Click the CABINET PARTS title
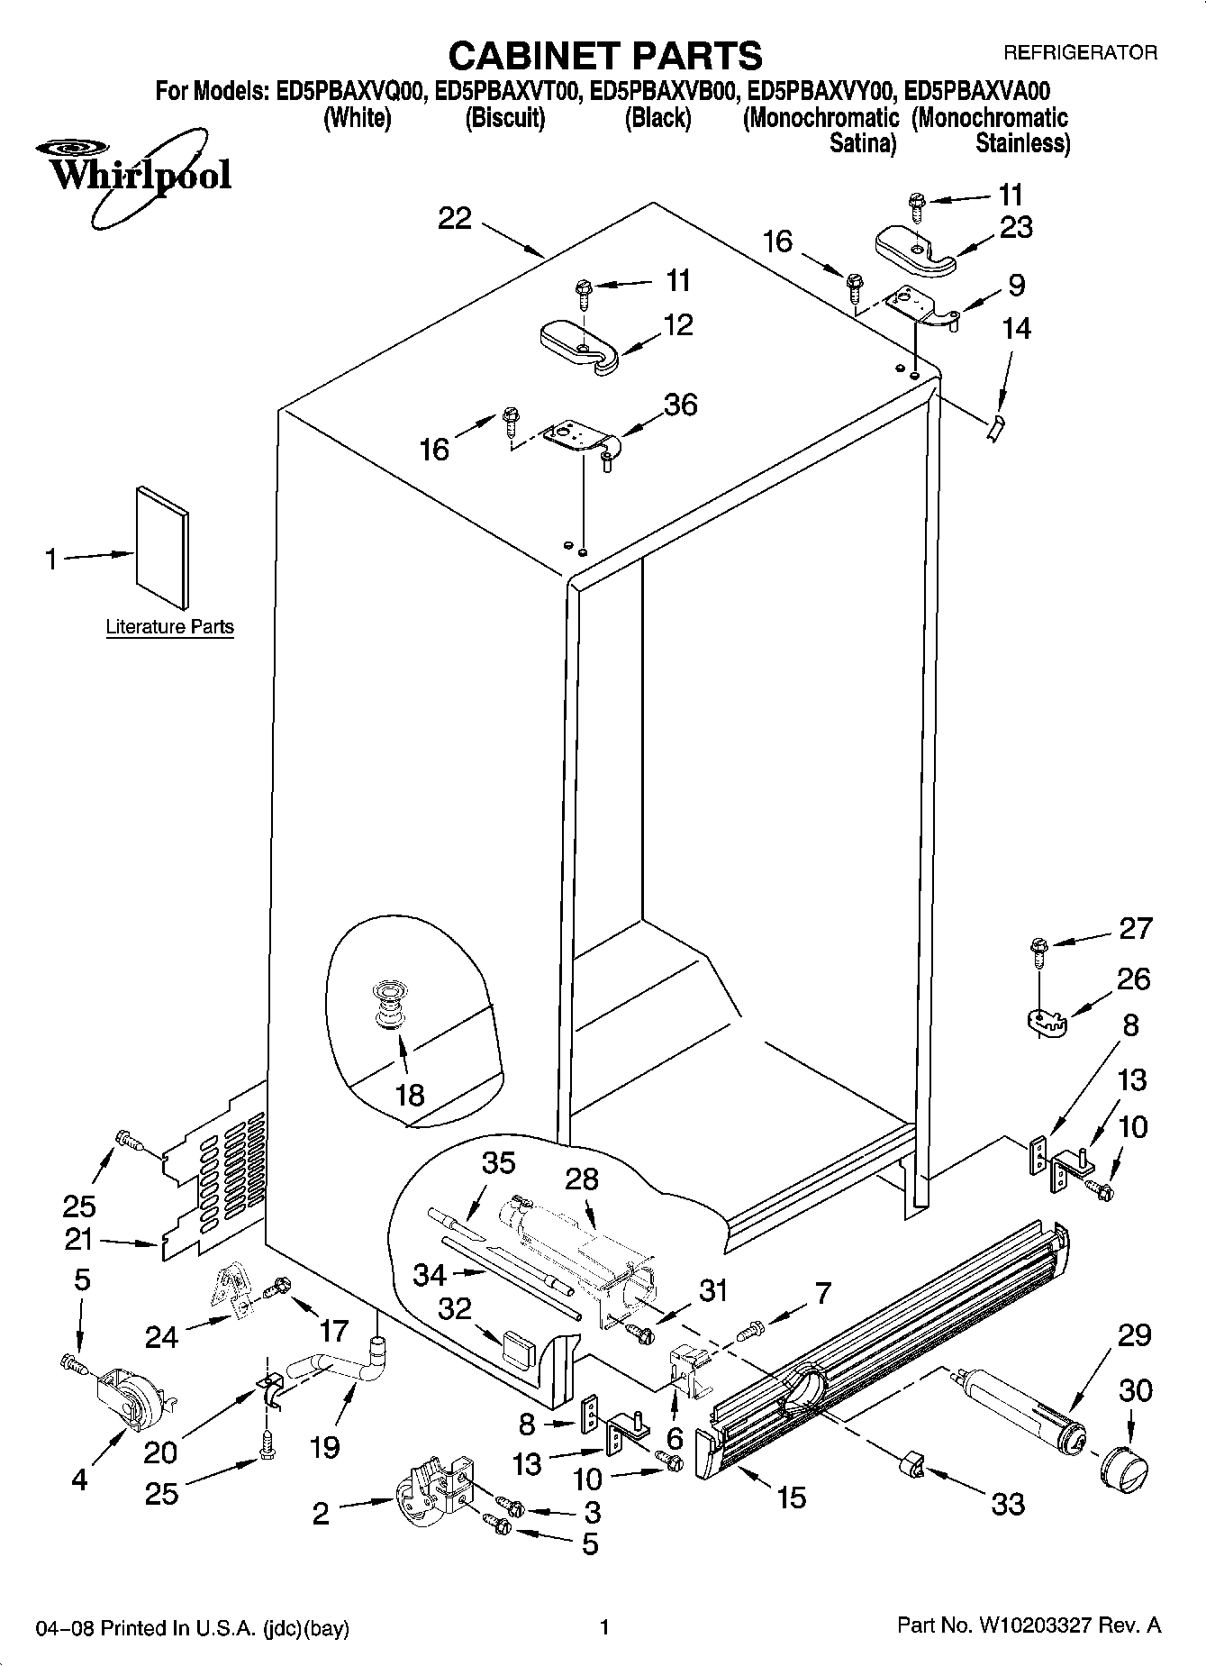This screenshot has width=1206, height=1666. [604, 56]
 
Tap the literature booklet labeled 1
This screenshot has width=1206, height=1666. [163, 547]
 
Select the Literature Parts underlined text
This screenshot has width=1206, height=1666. [169, 627]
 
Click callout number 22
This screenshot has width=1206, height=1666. [455, 218]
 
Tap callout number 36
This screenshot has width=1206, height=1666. [680, 405]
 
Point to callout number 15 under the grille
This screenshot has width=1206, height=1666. [791, 1497]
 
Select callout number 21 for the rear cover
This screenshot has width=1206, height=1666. [79, 1240]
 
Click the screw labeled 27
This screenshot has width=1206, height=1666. [1038, 949]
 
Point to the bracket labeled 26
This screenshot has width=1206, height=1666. [1046, 1021]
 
